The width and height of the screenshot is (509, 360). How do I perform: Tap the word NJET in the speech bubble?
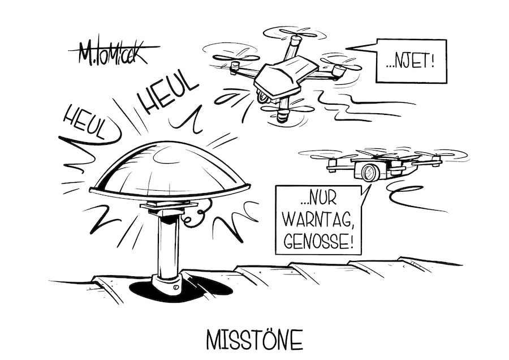[x=411, y=60]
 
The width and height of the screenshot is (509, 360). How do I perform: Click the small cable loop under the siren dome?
[x=196, y=215]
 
